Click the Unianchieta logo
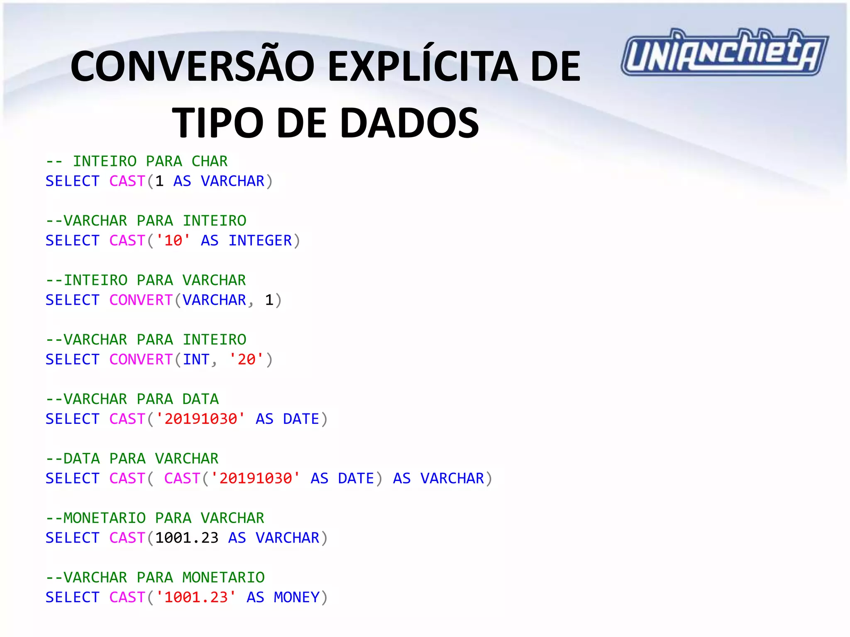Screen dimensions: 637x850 coord(724,52)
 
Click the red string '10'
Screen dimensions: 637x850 coord(173,241)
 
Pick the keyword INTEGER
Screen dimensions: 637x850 coord(260,241)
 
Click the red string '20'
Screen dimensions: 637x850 coord(246,360)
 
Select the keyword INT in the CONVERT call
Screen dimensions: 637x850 coord(196,360)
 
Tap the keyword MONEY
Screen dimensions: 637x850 coord(296,597)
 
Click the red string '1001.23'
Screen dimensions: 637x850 coord(196,597)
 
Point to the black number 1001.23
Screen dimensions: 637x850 coord(187,538)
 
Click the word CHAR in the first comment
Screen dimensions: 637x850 coord(210,161)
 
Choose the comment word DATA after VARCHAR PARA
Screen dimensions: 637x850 coord(200,399)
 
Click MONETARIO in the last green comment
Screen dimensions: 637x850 coord(223,577)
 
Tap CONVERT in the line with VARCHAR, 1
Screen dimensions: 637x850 coord(141,300)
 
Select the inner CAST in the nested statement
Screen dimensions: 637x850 coord(182,478)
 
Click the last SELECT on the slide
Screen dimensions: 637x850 coord(72,597)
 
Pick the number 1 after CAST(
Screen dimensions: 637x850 coord(159,181)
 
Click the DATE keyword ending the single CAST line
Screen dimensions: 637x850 coord(301,419)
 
